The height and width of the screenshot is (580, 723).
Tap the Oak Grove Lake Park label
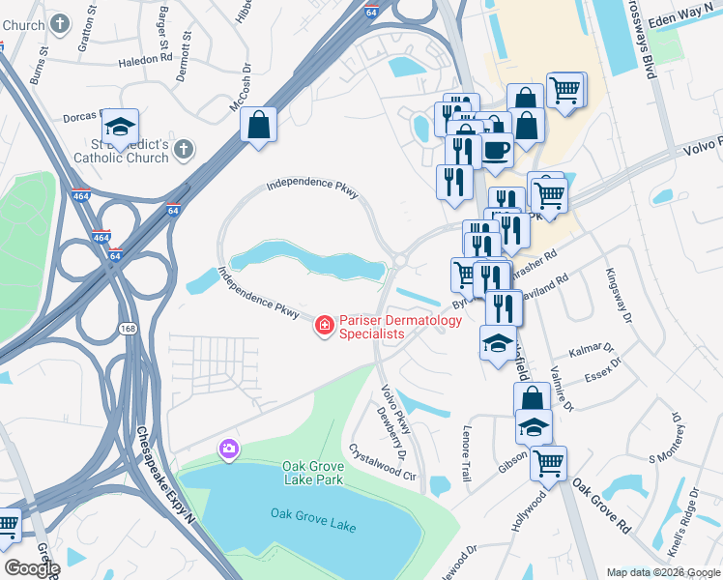click(x=313, y=472)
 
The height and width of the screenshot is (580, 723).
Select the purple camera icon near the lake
click(x=229, y=448)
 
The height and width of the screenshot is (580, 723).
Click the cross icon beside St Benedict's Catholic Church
click(x=185, y=149)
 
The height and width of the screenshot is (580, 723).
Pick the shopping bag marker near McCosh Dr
click(x=258, y=126)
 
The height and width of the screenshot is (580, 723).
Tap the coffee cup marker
click(x=497, y=152)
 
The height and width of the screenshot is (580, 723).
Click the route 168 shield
click(x=129, y=329)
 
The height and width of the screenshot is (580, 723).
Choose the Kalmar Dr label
click(x=593, y=348)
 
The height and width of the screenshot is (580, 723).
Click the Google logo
click(x=32, y=568)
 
